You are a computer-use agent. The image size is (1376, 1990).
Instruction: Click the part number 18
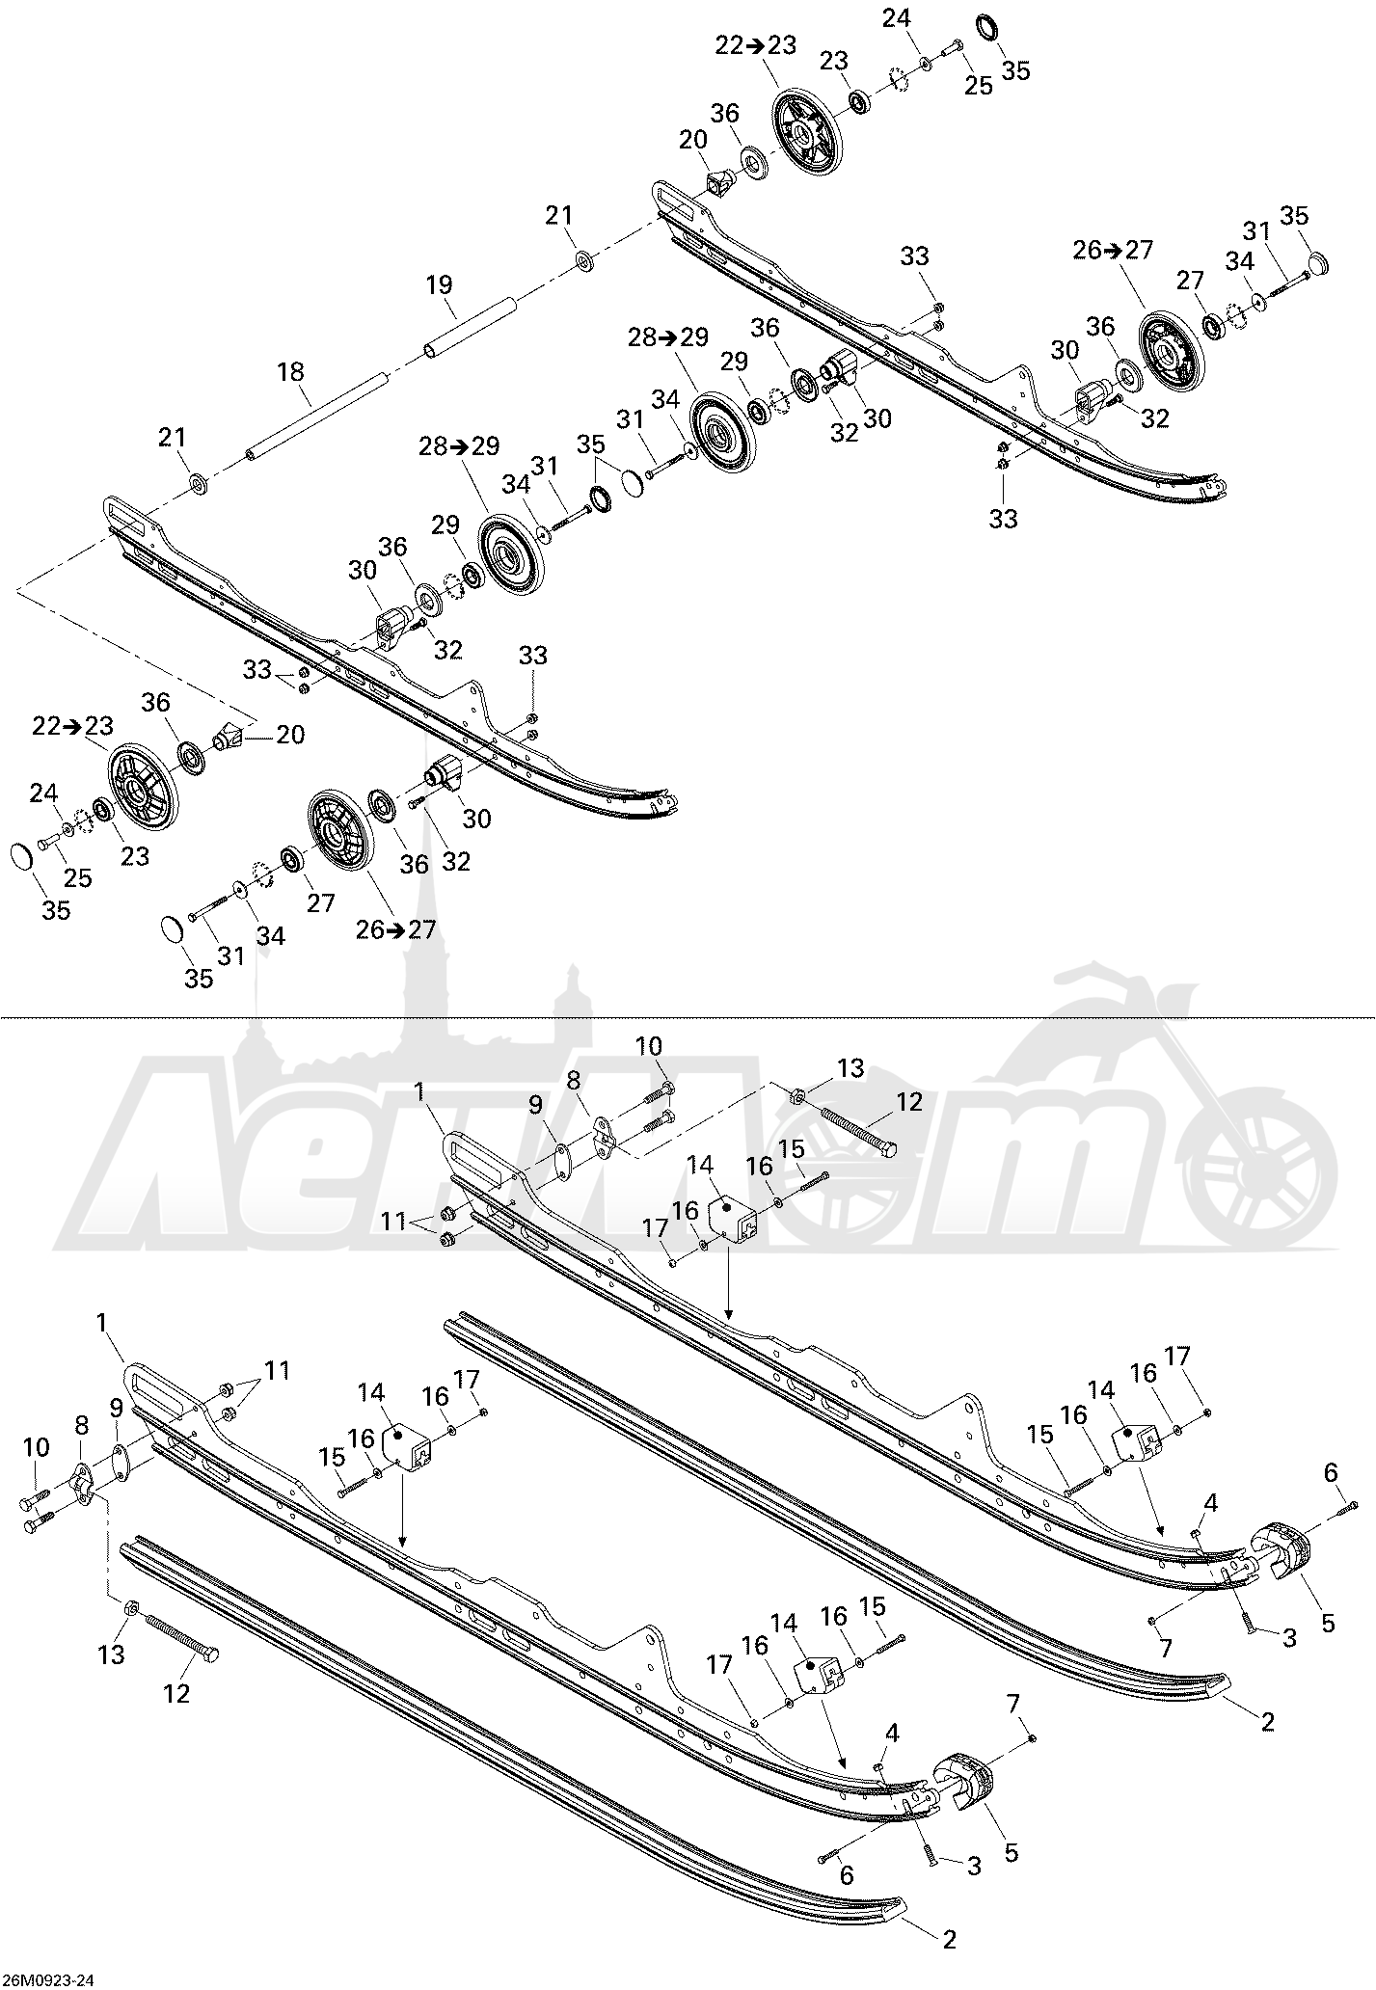click(x=290, y=371)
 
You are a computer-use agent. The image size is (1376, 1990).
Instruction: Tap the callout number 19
click(x=440, y=284)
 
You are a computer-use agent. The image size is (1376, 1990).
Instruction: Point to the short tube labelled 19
click(x=469, y=329)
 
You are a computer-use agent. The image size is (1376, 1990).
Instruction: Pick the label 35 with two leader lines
click(x=591, y=444)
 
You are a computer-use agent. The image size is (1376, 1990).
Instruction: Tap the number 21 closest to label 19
click(x=559, y=215)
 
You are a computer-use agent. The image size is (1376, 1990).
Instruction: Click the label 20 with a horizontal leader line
click(x=289, y=735)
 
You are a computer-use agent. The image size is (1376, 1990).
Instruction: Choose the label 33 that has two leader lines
click(x=257, y=669)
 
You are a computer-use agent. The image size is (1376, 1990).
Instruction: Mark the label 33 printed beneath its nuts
click(x=1004, y=519)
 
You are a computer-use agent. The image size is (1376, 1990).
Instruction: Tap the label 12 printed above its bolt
click(x=909, y=1101)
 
